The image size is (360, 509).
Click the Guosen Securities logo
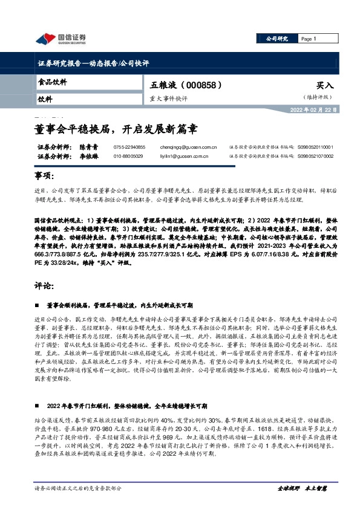click(61, 39)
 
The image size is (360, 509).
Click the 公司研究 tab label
click(277, 39)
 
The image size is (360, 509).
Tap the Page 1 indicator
click(309, 39)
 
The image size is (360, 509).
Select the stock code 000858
click(206, 85)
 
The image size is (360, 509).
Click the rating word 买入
click(324, 86)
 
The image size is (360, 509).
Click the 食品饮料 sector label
click(53, 82)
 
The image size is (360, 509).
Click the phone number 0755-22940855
click(129, 147)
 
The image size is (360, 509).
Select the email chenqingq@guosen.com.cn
click(193, 147)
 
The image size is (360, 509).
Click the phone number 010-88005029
click(128, 156)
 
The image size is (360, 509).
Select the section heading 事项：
click(46, 176)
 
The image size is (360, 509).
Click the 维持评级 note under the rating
click(318, 97)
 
